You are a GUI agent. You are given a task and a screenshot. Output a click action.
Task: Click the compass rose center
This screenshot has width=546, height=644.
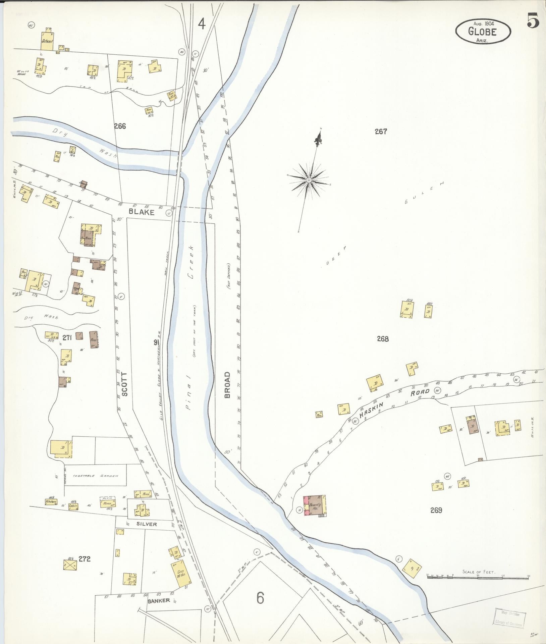pos(309,180)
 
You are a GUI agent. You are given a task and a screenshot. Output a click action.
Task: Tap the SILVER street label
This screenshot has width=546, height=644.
pos(146,524)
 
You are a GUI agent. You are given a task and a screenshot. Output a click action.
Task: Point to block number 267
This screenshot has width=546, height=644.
pos(381,132)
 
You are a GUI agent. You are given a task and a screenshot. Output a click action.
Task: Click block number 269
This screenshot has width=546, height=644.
pos(436,520)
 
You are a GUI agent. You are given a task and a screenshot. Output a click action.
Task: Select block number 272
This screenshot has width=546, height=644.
pos(85,559)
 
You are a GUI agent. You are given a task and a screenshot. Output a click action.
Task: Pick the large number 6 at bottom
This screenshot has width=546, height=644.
pos(261,597)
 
